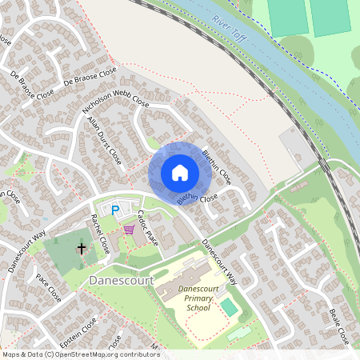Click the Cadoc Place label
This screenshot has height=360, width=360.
click(x=150, y=227)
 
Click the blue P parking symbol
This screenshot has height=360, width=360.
click(x=115, y=210)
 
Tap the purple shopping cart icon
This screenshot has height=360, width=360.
click(x=129, y=230)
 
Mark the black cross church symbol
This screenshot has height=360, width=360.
click(x=81, y=249)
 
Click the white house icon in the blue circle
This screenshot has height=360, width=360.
click(x=179, y=173)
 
